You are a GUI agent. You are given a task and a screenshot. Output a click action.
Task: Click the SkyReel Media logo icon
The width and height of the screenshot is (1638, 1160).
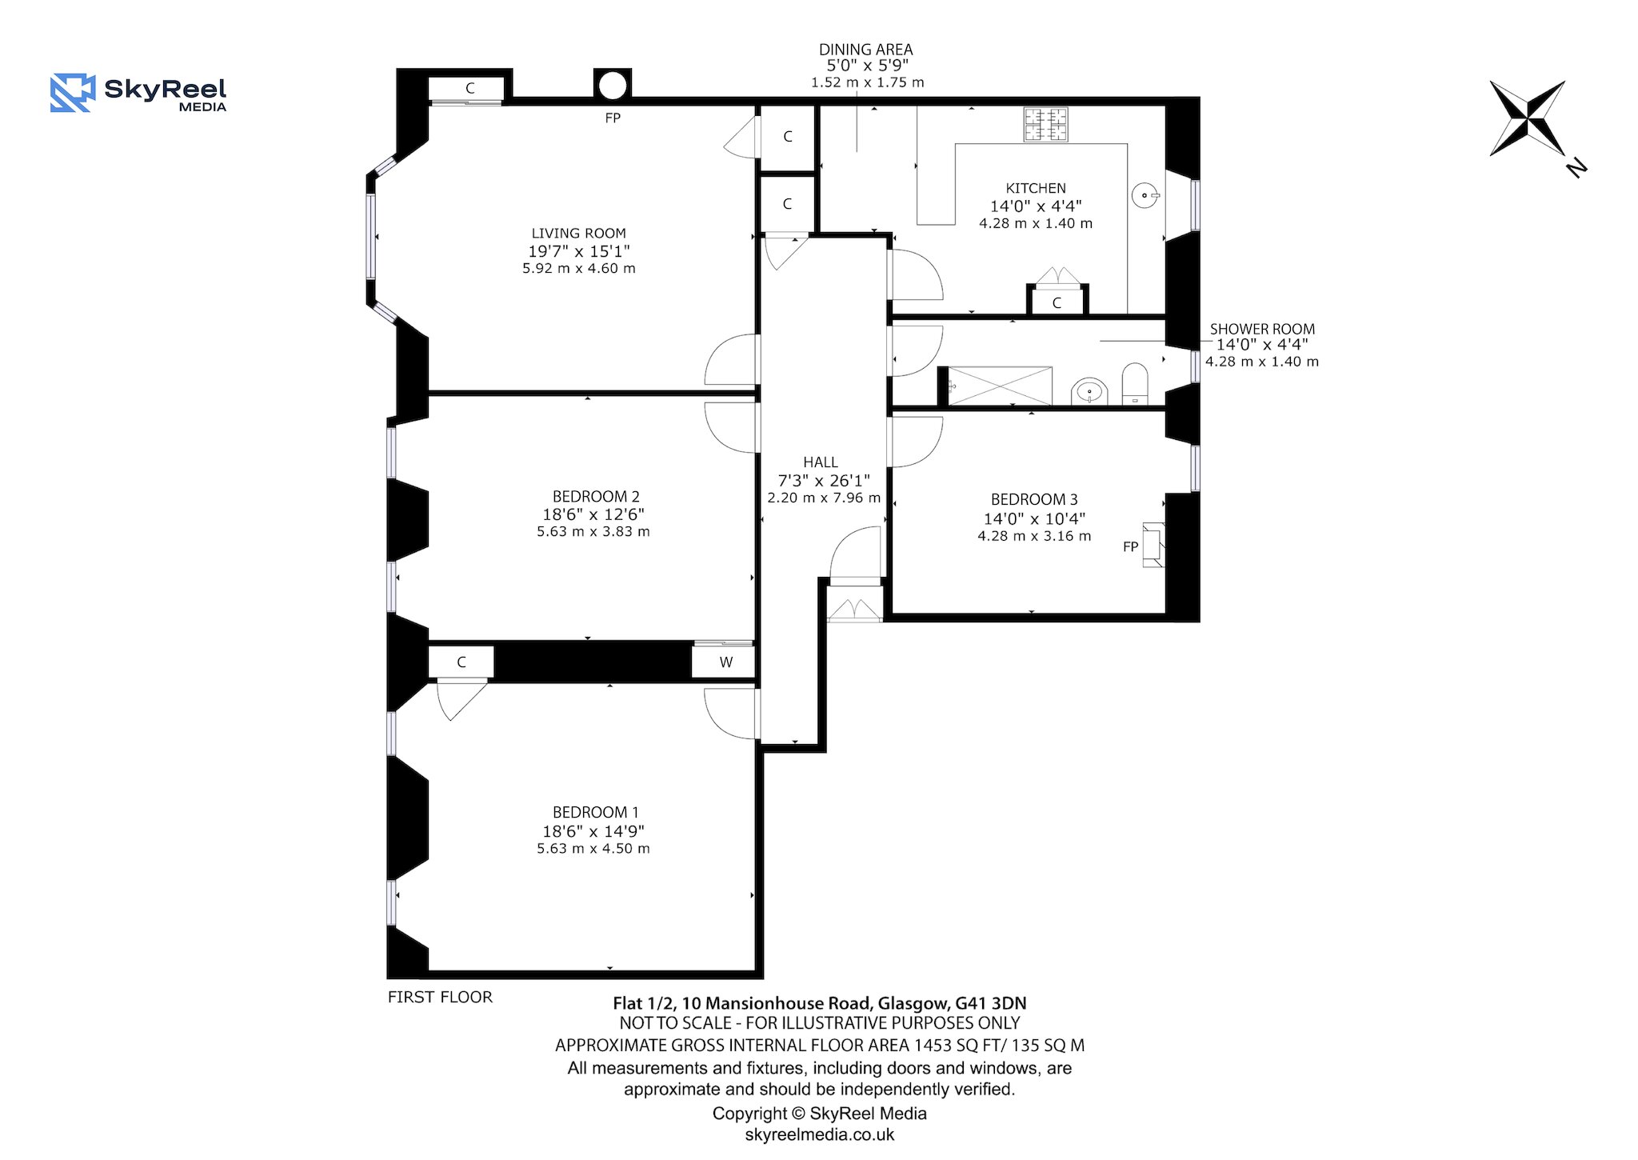(x=73, y=93)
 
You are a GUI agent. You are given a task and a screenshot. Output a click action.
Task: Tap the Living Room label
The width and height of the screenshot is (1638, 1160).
(x=578, y=233)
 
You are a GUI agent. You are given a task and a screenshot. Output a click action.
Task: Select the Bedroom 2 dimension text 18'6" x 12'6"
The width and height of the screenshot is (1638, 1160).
(x=593, y=514)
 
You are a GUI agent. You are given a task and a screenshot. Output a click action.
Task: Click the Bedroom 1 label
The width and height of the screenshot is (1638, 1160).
(x=596, y=812)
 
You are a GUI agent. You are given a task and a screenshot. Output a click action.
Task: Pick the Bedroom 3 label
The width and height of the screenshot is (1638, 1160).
(x=1034, y=500)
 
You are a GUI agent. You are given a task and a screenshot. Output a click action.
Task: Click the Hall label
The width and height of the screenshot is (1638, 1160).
(x=821, y=462)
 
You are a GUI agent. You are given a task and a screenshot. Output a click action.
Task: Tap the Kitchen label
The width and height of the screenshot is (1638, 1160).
(x=1036, y=188)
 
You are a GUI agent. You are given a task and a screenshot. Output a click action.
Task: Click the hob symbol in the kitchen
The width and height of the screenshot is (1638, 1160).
(x=1045, y=125)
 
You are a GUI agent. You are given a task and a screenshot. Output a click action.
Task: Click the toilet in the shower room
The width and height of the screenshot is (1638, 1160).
(x=1135, y=383)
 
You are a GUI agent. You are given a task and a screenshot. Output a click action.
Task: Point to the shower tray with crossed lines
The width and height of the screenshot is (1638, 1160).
(x=1000, y=386)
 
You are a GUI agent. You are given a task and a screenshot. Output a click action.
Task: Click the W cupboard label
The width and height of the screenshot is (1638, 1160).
(x=726, y=662)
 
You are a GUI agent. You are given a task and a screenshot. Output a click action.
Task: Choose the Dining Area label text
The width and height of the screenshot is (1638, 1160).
(x=865, y=50)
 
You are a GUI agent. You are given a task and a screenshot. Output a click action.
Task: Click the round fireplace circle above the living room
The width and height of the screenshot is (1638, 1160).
(x=613, y=86)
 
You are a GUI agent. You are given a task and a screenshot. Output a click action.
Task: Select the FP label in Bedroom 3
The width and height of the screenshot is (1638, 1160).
(x=1130, y=547)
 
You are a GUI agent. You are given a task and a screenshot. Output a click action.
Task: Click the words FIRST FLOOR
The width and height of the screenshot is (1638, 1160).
(x=440, y=997)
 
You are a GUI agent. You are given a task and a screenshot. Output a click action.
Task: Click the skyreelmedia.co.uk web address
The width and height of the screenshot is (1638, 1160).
(x=820, y=1134)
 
